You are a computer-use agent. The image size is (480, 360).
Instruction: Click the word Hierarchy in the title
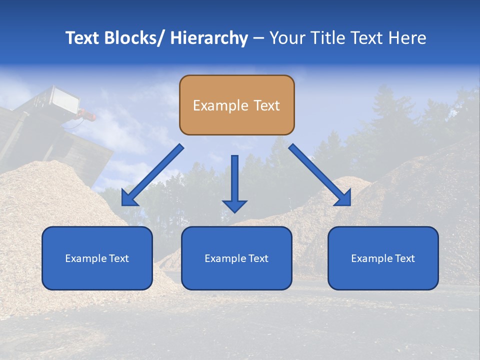[209, 38]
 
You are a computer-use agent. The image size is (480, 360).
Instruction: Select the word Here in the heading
[408, 38]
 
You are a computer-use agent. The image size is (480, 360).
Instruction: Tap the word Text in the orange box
[266, 105]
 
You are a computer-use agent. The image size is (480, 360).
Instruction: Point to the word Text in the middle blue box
[258, 258]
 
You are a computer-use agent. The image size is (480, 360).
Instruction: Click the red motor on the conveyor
[87, 116]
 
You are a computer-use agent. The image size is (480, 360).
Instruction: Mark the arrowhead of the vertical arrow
[234, 206]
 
